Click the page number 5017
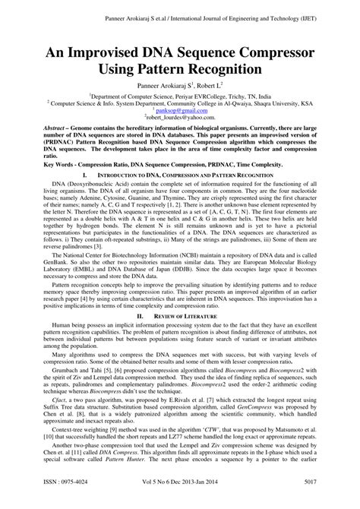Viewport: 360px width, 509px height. (x=331, y=501)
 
